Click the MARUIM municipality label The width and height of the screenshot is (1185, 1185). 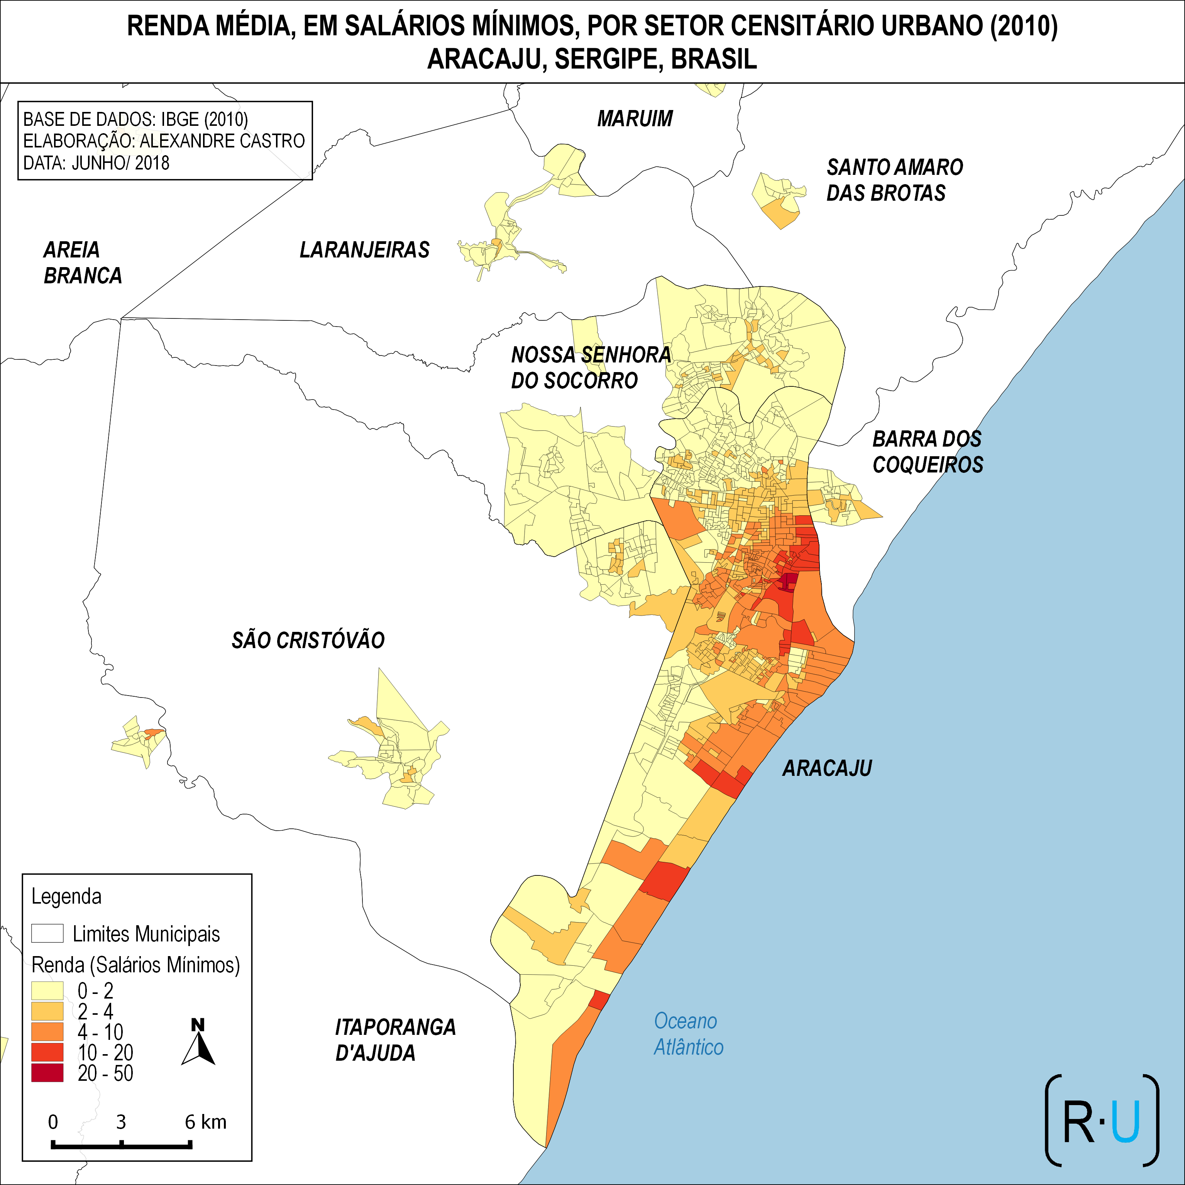coord(635,118)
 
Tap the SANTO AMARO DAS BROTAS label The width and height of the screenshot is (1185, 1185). coord(894,180)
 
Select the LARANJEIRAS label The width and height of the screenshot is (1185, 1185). coord(364,250)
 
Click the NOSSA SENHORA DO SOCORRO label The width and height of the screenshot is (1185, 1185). coord(591,367)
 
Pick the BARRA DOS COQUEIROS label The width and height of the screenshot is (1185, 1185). coord(928,452)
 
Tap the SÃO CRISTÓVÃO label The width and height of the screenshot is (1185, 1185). coord(308,640)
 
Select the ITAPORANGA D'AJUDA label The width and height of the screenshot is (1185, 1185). coord(395,1039)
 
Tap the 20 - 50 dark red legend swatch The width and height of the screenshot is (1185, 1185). coord(47,1073)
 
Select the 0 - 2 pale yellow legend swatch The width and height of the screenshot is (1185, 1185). coord(47,990)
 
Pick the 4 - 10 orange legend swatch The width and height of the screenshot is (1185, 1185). coord(47,1032)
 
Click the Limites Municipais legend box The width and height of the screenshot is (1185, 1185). coord(47,933)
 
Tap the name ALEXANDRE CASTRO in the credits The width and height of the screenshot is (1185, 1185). coord(222,141)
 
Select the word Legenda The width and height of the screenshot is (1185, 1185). coord(66,897)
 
